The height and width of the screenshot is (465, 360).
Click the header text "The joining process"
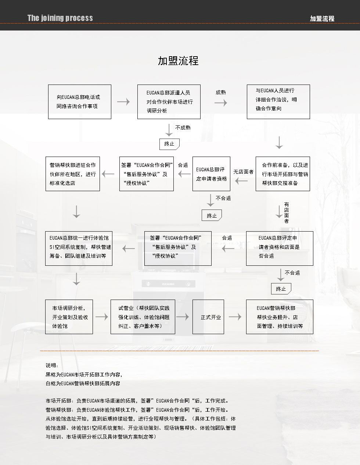(60, 18)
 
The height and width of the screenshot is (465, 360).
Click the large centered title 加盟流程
(178, 61)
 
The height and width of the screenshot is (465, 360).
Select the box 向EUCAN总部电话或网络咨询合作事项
(79, 102)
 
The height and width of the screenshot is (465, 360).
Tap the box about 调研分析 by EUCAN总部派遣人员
(169, 102)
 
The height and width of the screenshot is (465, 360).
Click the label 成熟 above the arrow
(221, 92)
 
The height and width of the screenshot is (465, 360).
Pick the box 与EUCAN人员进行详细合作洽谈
(278, 102)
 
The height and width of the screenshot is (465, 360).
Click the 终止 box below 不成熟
(169, 144)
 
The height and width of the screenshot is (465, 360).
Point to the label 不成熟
(183, 128)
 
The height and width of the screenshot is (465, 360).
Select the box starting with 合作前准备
(282, 174)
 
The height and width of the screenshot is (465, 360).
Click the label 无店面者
(243, 172)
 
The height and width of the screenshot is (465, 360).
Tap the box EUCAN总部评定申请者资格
(211, 174)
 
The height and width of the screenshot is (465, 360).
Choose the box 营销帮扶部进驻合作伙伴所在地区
(73, 174)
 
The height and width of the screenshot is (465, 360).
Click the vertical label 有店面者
(287, 213)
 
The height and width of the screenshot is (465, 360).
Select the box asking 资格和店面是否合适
(280, 248)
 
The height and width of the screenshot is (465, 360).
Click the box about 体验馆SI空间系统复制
(79, 248)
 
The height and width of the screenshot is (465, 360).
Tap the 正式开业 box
(208, 317)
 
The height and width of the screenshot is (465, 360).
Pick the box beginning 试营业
(143, 317)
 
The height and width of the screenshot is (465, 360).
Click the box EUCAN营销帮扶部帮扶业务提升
(280, 317)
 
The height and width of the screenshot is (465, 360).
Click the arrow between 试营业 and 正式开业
(183, 317)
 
